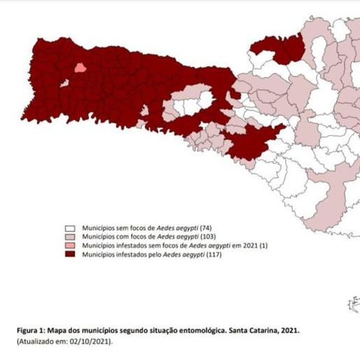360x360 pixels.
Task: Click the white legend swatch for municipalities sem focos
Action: click(70, 229)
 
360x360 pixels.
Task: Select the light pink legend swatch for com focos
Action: click(70, 238)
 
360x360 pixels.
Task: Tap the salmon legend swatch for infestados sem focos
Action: click(70, 247)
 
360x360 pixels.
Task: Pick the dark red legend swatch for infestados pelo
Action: click(70, 256)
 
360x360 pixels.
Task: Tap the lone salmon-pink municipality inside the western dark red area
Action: click(80, 69)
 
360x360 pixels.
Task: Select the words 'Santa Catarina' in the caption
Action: click(252, 329)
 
